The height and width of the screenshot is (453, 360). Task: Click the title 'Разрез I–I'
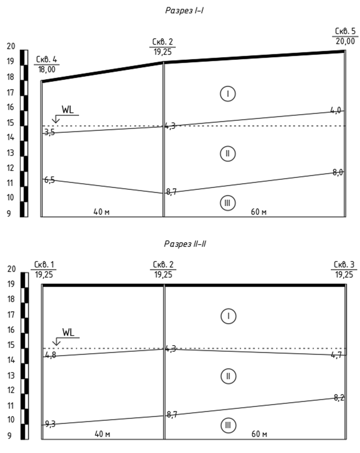pyautogui.click(x=185, y=10)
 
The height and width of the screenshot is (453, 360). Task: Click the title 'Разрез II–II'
pyautogui.click(x=185, y=244)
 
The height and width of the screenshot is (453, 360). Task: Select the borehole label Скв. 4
pyautogui.click(x=46, y=59)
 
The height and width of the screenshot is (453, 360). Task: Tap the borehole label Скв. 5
pyautogui.click(x=345, y=32)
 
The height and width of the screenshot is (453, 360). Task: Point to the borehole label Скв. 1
pyautogui.click(x=44, y=265)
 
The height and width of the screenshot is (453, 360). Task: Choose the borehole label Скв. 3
pyautogui.click(x=345, y=265)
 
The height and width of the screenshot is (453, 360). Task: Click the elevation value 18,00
pyautogui.click(x=46, y=69)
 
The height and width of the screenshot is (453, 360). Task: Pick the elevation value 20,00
pyautogui.click(x=345, y=42)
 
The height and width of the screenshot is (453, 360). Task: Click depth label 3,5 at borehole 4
pyautogui.click(x=49, y=132)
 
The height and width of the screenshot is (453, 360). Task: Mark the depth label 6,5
pyautogui.click(x=49, y=180)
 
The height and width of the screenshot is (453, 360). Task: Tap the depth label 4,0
pyautogui.click(x=336, y=110)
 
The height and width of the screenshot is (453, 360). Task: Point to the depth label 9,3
pyautogui.click(x=50, y=424)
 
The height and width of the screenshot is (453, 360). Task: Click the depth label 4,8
pyautogui.click(x=50, y=355)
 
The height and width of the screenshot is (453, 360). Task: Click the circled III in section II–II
pyautogui.click(x=228, y=424)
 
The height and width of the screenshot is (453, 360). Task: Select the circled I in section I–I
pyautogui.click(x=227, y=94)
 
